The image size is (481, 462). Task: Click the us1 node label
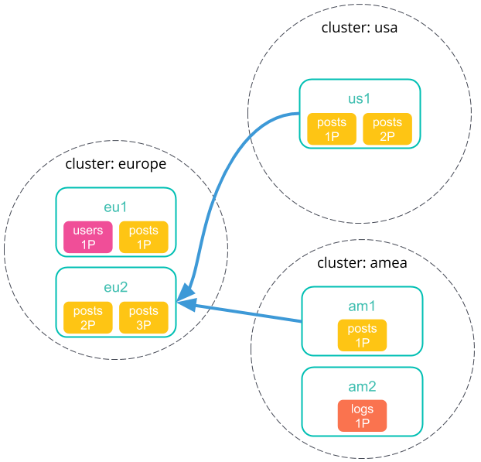tap(360, 98)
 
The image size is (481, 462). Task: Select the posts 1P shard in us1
tap(332, 129)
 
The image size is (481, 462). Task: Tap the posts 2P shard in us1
tap(387, 129)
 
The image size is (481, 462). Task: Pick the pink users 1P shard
tap(87, 238)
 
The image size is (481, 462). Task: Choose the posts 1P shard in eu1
tap(143, 238)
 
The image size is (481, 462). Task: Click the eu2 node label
tap(115, 287)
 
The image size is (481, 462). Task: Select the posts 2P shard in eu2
tap(87, 318)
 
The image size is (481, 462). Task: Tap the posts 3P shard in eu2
tap(143, 318)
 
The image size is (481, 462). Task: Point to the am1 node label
tap(362, 306)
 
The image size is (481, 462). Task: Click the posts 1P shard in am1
tap(362, 335)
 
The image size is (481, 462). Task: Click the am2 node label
tap(362, 386)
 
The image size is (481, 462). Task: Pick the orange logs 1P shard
tap(362, 416)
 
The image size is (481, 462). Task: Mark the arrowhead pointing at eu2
tap(184, 302)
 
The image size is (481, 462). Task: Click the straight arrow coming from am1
tap(247, 312)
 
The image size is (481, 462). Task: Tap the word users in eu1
tap(87, 231)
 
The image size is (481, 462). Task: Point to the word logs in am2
tap(362, 409)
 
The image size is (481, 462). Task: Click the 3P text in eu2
tap(143, 325)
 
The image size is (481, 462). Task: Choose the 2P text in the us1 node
tap(387, 136)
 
